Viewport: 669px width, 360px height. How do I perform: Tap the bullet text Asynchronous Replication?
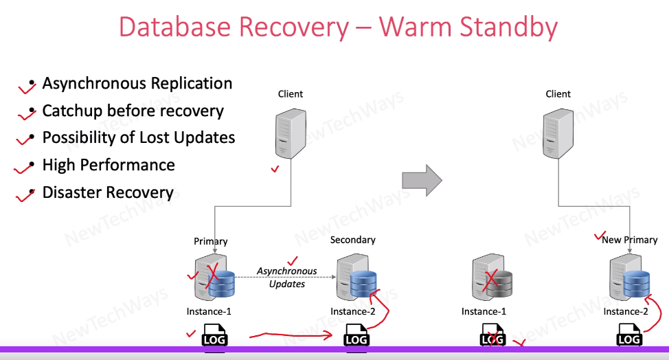[x=137, y=84]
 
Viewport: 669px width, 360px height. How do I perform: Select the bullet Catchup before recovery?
[x=133, y=111]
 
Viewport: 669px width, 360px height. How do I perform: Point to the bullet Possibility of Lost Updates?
[x=139, y=137]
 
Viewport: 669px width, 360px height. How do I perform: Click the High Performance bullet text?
[x=109, y=165]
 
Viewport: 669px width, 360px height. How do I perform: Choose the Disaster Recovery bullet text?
[x=108, y=192]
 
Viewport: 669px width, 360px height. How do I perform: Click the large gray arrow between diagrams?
[x=421, y=181]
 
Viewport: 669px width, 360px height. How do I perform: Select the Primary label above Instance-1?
[x=210, y=241]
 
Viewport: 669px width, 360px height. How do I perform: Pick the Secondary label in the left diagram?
[x=352, y=240]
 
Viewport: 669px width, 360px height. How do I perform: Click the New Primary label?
[x=629, y=240]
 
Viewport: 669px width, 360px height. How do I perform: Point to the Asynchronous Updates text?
[x=287, y=277]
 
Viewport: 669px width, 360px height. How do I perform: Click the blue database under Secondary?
[x=363, y=284]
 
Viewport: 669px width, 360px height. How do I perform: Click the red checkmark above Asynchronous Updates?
[x=293, y=260]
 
